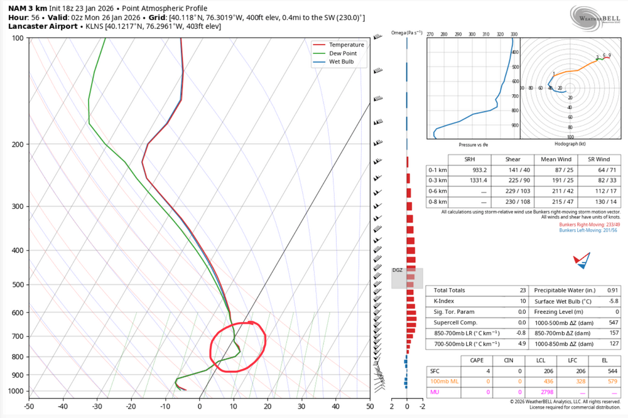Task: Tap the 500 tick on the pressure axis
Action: pyautogui.click(x=18, y=284)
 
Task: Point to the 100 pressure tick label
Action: pyautogui.click(x=18, y=38)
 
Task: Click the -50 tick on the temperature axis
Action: pyautogui.click(x=29, y=407)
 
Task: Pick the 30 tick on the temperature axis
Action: pyautogui.click(x=301, y=407)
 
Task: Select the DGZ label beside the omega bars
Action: pyautogui.click(x=397, y=270)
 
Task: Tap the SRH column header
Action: pyautogui.click(x=470, y=159)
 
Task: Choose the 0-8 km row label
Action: pyautogui.click(x=437, y=201)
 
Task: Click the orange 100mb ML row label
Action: pyautogui.click(x=443, y=381)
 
